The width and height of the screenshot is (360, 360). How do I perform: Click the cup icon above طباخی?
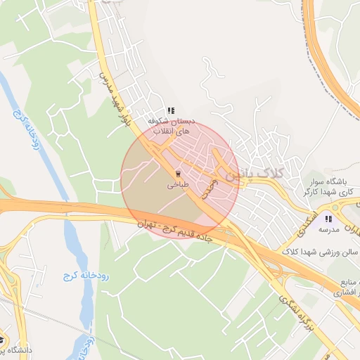point(176,173)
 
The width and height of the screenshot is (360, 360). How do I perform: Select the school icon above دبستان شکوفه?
point(171,110)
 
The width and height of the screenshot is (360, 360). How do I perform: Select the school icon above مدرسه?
point(328,219)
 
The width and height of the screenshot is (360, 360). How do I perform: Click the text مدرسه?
point(328,230)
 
